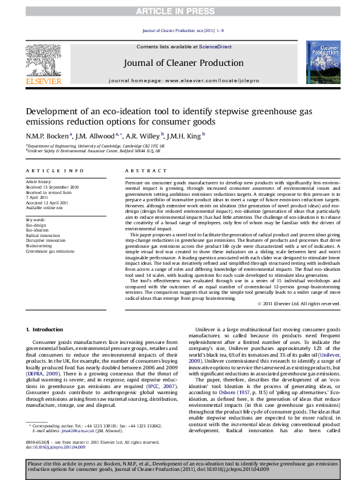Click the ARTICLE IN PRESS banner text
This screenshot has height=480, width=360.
[180, 11]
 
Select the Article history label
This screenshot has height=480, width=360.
[39, 181]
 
